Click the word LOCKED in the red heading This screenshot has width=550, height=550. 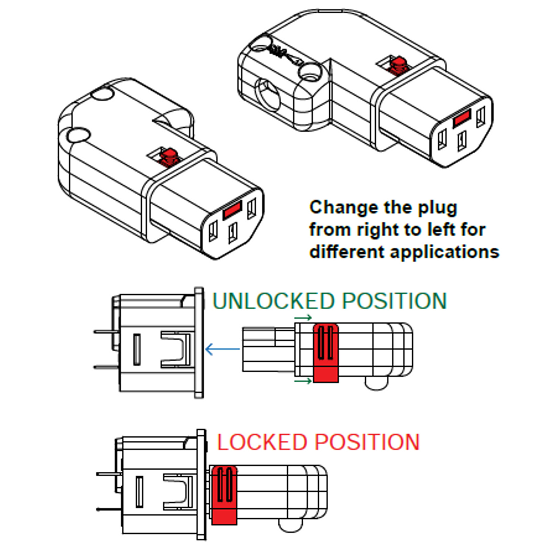point(262,442)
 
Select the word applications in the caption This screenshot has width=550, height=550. point(445,252)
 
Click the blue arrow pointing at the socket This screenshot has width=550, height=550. point(222,349)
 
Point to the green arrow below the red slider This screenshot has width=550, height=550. point(303,381)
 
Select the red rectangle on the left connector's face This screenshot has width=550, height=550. point(232,210)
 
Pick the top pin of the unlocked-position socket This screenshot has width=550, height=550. point(107,332)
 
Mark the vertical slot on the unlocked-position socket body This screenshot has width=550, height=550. point(136,349)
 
